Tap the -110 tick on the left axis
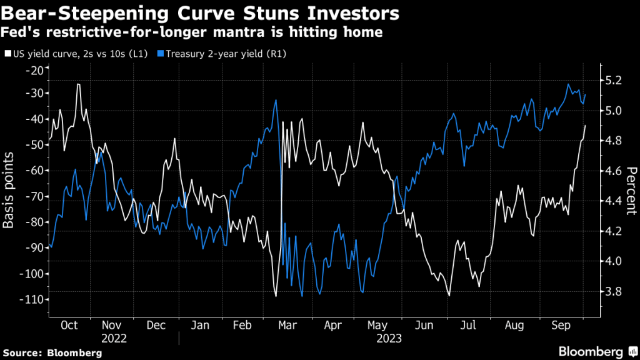pos(30,299)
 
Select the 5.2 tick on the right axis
pos(613,81)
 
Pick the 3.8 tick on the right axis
pos(613,291)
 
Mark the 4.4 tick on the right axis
pos(613,201)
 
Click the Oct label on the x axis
pos(69,326)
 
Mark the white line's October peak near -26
pos(78,84)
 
